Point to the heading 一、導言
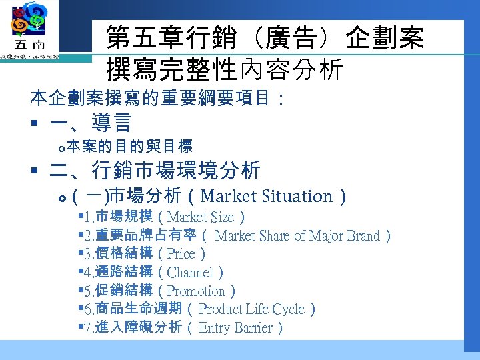[91, 123]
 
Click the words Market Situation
[266, 196]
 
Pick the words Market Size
[201, 217]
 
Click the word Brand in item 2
[363, 235]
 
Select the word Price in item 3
[181, 254]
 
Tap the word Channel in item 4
[190, 273]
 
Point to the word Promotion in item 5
[196, 291]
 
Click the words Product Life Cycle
[252, 309]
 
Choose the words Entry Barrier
[236, 328]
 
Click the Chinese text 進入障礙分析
[139, 327]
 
